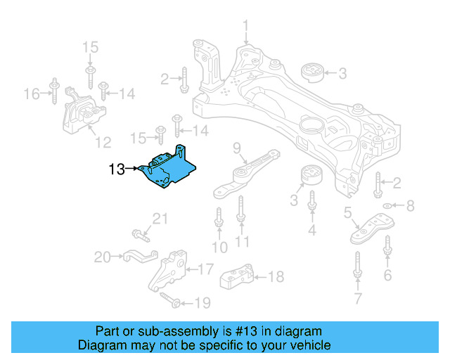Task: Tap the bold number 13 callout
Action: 117,169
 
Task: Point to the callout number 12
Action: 103,143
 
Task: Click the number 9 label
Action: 237,148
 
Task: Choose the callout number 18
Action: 276,276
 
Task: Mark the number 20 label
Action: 103,257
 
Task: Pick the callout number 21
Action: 161,220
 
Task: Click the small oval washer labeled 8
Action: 387,206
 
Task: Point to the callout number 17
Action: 205,269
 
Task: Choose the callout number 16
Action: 32,94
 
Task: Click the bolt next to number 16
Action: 53,94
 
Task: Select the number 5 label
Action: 347,212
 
